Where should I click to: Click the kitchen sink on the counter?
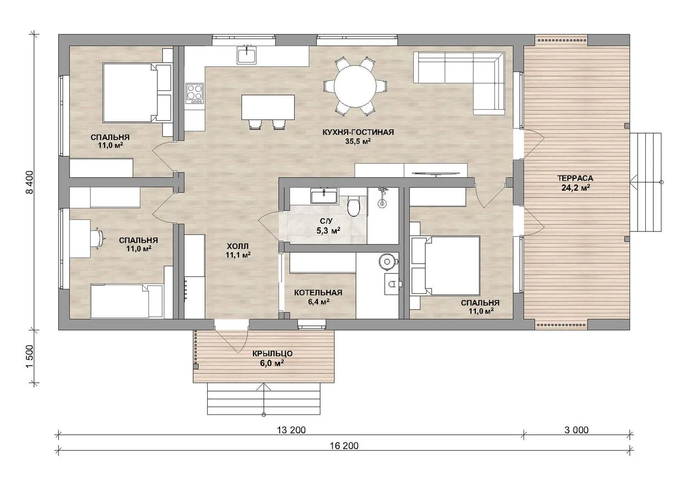247,55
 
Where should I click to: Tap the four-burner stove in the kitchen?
195,94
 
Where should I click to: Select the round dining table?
355,86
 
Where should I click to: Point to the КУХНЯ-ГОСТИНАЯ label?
358,132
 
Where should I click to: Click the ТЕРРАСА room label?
575,178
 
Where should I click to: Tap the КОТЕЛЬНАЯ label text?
318,292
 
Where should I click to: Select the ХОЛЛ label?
238,246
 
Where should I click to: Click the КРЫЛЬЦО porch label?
272,354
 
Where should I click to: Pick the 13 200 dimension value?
291,430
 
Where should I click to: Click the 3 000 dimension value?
576,430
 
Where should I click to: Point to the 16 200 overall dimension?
344,446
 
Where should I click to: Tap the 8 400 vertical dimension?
29,182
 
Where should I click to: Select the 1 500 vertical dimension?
29,357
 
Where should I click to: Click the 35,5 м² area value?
358,141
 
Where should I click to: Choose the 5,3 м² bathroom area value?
328,230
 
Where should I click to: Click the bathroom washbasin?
324,196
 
